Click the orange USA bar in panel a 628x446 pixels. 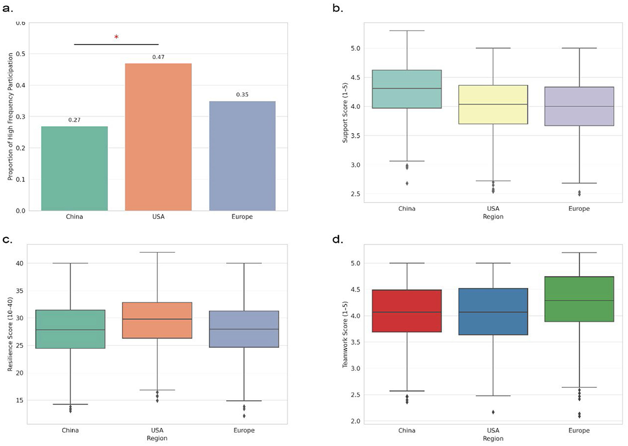tap(158, 137)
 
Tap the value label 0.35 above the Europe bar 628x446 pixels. tap(242, 95)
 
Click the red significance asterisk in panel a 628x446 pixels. tap(116, 37)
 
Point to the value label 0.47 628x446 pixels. tap(158, 57)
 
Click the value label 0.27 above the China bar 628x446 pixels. tap(74, 120)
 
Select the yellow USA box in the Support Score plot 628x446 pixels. tap(493, 105)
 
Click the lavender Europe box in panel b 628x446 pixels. tap(579, 106)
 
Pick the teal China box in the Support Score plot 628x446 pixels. tap(407, 89)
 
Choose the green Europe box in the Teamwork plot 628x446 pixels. tap(579, 299)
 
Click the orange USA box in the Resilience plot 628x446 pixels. tap(157, 320)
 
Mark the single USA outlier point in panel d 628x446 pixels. tap(493, 412)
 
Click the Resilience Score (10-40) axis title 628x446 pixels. tap(10, 334)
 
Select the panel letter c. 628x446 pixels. tap(7, 240)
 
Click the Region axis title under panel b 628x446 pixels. tap(493, 216)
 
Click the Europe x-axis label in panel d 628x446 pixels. tap(579, 430)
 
